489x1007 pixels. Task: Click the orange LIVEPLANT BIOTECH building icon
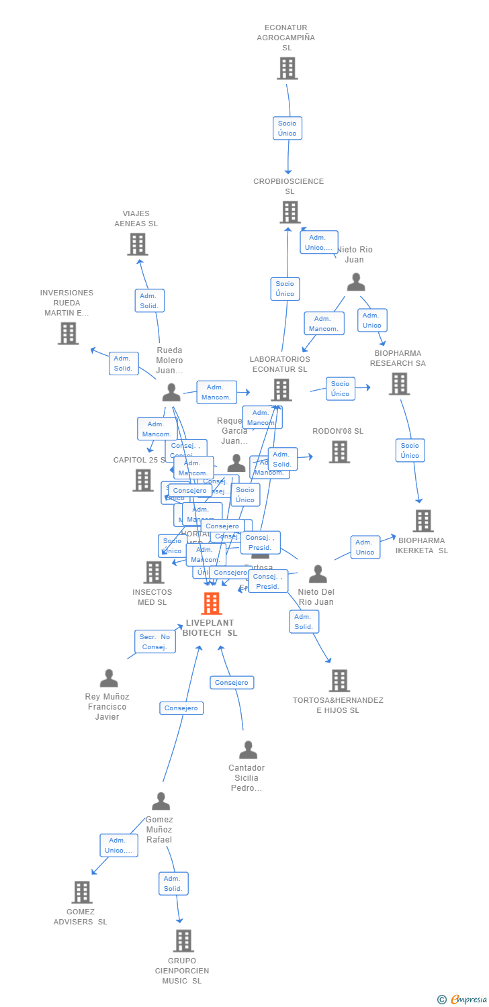pyautogui.click(x=212, y=604)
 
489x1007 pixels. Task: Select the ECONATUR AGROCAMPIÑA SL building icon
pyautogui.click(x=287, y=68)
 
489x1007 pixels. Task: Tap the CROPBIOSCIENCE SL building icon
pyautogui.click(x=290, y=212)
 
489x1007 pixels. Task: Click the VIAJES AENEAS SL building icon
pyautogui.click(x=138, y=244)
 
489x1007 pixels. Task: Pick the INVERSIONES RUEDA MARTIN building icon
pyautogui.click(x=68, y=334)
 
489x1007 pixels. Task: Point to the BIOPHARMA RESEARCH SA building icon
pyautogui.click(x=399, y=384)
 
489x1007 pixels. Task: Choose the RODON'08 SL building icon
pyautogui.click(x=339, y=452)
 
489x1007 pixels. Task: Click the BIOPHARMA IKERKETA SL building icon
pyautogui.click(x=423, y=521)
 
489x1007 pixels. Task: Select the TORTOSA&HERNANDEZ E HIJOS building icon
pyautogui.click(x=339, y=681)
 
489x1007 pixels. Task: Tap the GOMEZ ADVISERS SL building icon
pyautogui.click(x=82, y=892)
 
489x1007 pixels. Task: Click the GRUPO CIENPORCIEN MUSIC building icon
pyautogui.click(x=183, y=941)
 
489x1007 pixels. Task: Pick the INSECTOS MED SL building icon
pyautogui.click(x=154, y=573)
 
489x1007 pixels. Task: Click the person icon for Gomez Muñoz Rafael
pyautogui.click(x=161, y=802)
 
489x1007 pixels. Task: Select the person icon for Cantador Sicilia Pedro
pyautogui.click(x=248, y=750)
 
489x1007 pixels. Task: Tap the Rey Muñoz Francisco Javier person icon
pyautogui.click(x=109, y=678)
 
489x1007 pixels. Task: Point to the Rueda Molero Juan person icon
pyautogui.click(x=171, y=392)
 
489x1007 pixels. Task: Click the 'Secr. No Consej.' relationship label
pyautogui.click(x=154, y=642)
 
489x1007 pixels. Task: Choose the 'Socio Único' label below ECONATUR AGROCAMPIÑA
pyautogui.click(x=287, y=128)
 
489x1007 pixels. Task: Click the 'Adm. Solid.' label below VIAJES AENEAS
pyautogui.click(x=149, y=301)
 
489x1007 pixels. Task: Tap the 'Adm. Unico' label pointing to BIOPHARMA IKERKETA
pyautogui.click(x=365, y=547)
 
